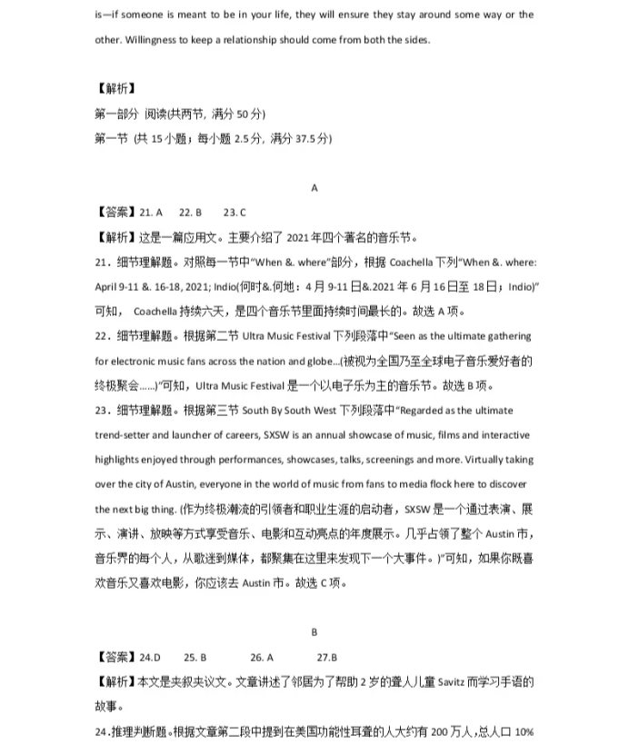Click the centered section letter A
pos(314,188)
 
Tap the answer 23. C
pos(235,213)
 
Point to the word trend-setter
pos(129,434)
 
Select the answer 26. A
pos(262,656)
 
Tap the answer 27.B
pos(327,656)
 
